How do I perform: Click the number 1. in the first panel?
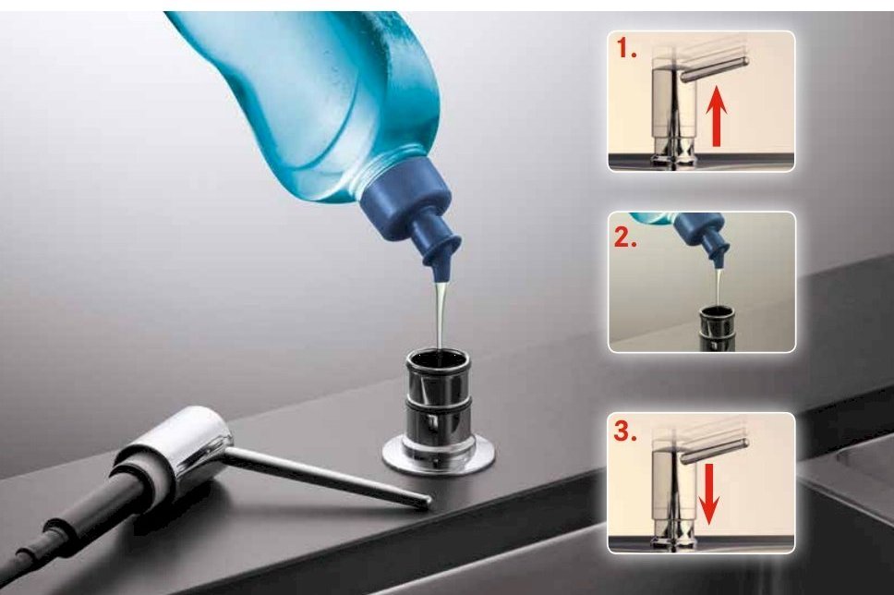click(x=626, y=50)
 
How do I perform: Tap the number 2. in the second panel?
click(x=625, y=237)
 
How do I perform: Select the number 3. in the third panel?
click(x=625, y=431)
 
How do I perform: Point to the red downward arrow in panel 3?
click(x=708, y=494)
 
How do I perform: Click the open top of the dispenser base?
click(x=438, y=360)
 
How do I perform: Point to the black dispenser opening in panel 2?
click(x=717, y=313)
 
